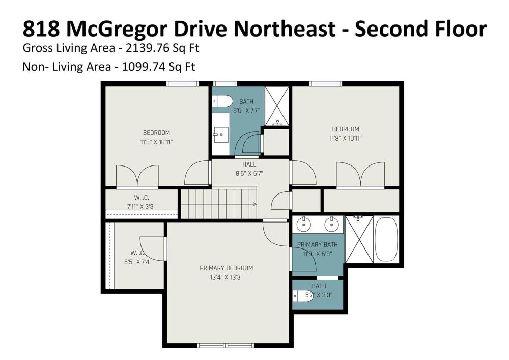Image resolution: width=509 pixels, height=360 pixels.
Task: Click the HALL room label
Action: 249,164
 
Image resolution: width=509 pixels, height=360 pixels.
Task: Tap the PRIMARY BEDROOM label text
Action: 227,268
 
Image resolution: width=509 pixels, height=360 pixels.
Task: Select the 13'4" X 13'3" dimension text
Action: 227,277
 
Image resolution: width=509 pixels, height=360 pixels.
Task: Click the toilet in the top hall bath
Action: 222,101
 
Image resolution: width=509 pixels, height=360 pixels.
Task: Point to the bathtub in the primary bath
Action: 386,239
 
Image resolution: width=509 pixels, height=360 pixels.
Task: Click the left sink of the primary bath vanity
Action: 304,224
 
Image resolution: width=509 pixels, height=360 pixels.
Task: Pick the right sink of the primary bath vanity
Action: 331,224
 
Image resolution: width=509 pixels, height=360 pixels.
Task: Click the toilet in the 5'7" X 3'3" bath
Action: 302,296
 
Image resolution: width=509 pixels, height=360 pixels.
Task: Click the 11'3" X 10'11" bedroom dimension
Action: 156,142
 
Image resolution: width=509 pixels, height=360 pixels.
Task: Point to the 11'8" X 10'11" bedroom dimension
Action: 346,139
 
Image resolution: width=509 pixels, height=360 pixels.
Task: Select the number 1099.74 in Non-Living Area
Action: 144,67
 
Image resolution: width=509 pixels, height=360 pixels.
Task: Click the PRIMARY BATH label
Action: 318,245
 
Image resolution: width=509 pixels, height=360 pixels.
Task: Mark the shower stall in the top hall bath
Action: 277,106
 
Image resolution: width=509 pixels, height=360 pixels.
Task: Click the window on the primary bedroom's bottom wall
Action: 227,345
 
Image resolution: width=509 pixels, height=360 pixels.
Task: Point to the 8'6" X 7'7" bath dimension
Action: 246,110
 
